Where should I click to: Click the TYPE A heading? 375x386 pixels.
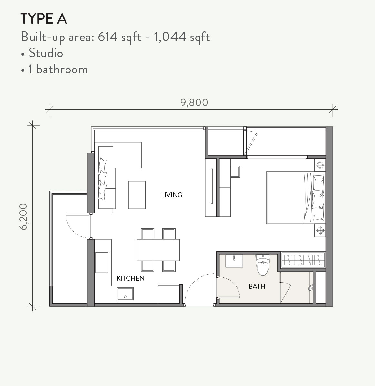[x=44, y=19]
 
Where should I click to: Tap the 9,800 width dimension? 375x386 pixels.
[x=194, y=103]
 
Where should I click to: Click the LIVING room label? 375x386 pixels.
[x=172, y=195]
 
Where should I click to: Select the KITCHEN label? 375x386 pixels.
[x=130, y=278]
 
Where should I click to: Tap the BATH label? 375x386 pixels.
[x=257, y=286]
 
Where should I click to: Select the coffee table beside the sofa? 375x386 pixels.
[x=137, y=195]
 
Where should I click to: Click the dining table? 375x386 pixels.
[x=158, y=250]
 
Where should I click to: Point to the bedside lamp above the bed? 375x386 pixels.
[x=320, y=165]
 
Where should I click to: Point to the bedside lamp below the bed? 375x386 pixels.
[x=320, y=230]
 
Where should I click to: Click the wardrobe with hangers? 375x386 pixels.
[x=303, y=260]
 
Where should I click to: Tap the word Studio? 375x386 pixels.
[x=46, y=53]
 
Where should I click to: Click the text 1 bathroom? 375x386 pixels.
[x=58, y=70]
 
